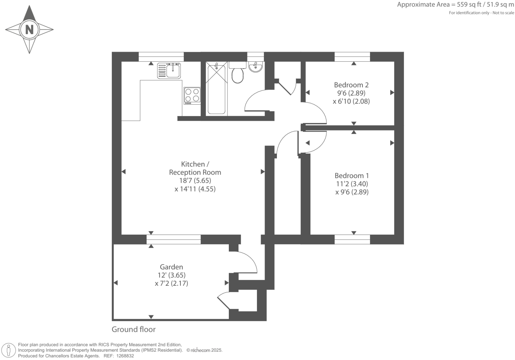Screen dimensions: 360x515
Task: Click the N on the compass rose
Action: click(30, 30)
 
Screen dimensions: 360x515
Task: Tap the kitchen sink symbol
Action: click(169, 70)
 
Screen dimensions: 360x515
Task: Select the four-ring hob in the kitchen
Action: click(192, 96)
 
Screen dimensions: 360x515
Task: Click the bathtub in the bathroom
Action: click(217, 89)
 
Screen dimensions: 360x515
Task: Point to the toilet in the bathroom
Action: click(237, 73)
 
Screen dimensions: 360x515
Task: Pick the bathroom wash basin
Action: click(256, 67)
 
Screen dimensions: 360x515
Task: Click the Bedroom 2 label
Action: click(351, 85)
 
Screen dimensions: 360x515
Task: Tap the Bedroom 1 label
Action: click(352, 176)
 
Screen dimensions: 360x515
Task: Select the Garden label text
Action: click(171, 267)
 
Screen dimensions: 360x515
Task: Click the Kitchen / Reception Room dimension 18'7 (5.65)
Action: click(195, 180)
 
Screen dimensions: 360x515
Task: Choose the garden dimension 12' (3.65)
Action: click(171, 275)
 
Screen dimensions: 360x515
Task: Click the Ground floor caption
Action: click(133, 329)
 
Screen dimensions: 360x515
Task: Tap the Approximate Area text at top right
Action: click(455, 5)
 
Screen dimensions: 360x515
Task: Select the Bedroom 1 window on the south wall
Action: click(352, 239)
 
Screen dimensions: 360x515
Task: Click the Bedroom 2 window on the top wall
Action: click(352, 57)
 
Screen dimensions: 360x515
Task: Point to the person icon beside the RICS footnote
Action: click(9, 350)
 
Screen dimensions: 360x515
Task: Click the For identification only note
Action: click(481, 13)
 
